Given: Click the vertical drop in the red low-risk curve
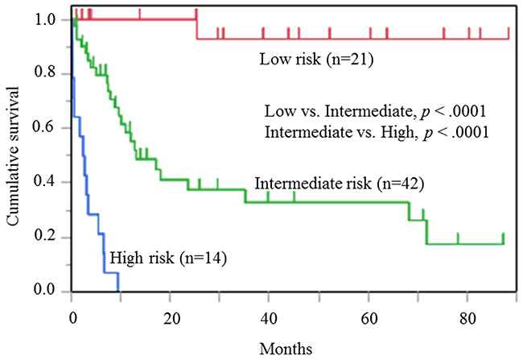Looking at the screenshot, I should tap(197, 28).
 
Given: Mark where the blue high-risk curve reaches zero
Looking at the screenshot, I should tap(118, 291).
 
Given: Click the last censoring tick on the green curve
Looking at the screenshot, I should tap(503, 238).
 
